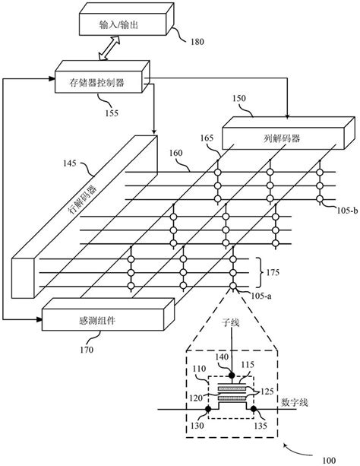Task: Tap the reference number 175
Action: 273,270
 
